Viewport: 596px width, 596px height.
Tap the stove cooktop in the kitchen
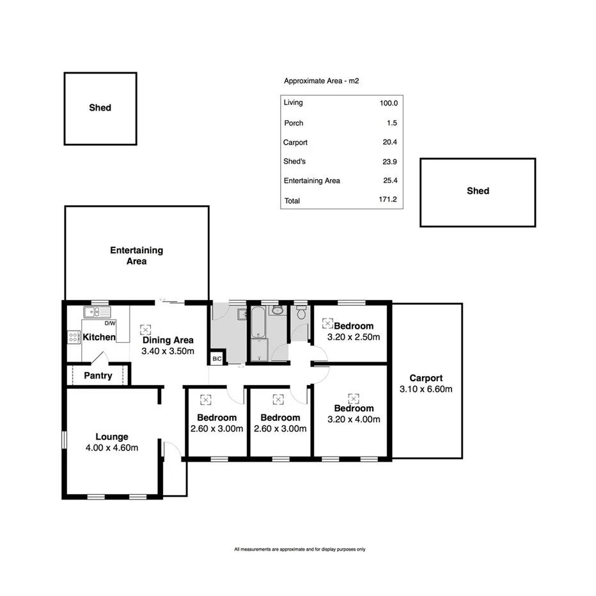pyautogui.click(x=74, y=338)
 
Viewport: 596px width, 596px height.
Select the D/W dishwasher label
pyautogui.click(x=118, y=324)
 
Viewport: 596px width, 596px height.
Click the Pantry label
pyautogui.click(x=98, y=376)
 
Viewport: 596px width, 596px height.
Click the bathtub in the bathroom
pyautogui.click(x=258, y=323)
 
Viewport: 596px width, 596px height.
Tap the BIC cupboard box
pyautogui.click(x=217, y=359)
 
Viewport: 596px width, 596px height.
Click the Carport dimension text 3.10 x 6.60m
pyautogui.click(x=426, y=389)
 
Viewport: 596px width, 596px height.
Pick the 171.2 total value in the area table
pyautogui.click(x=388, y=200)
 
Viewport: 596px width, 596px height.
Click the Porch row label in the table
pyautogui.click(x=293, y=123)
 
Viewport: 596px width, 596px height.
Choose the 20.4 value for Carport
pyautogui.click(x=388, y=143)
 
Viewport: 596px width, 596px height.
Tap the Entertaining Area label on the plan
pyautogui.click(x=136, y=256)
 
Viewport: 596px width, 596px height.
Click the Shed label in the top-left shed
pyautogui.click(x=100, y=108)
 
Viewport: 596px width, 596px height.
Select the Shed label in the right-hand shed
pyautogui.click(x=478, y=191)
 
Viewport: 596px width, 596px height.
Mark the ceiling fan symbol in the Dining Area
pyautogui.click(x=145, y=329)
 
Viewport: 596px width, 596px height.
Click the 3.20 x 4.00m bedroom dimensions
pyautogui.click(x=354, y=420)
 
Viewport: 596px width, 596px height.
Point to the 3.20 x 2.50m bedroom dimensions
pyautogui.click(x=354, y=337)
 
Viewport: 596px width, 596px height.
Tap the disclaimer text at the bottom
pyautogui.click(x=299, y=549)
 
